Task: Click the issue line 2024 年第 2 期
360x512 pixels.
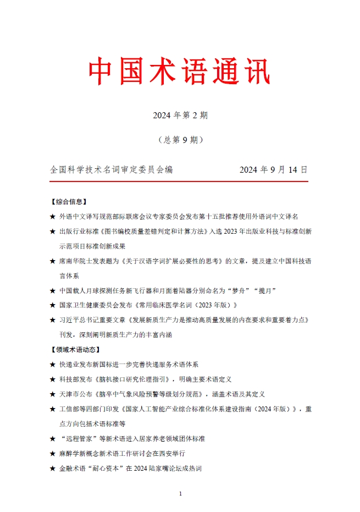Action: (x=180, y=115)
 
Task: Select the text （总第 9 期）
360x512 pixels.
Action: (x=180, y=140)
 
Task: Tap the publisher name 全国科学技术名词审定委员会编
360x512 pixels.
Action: (x=111, y=170)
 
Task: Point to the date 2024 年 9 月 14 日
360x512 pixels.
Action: (x=273, y=170)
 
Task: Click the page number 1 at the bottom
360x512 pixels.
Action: (x=180, y=494)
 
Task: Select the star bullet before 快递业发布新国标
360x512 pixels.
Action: (x=52, y=364)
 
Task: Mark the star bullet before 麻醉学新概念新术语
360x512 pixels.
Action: (x=52, y=454)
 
